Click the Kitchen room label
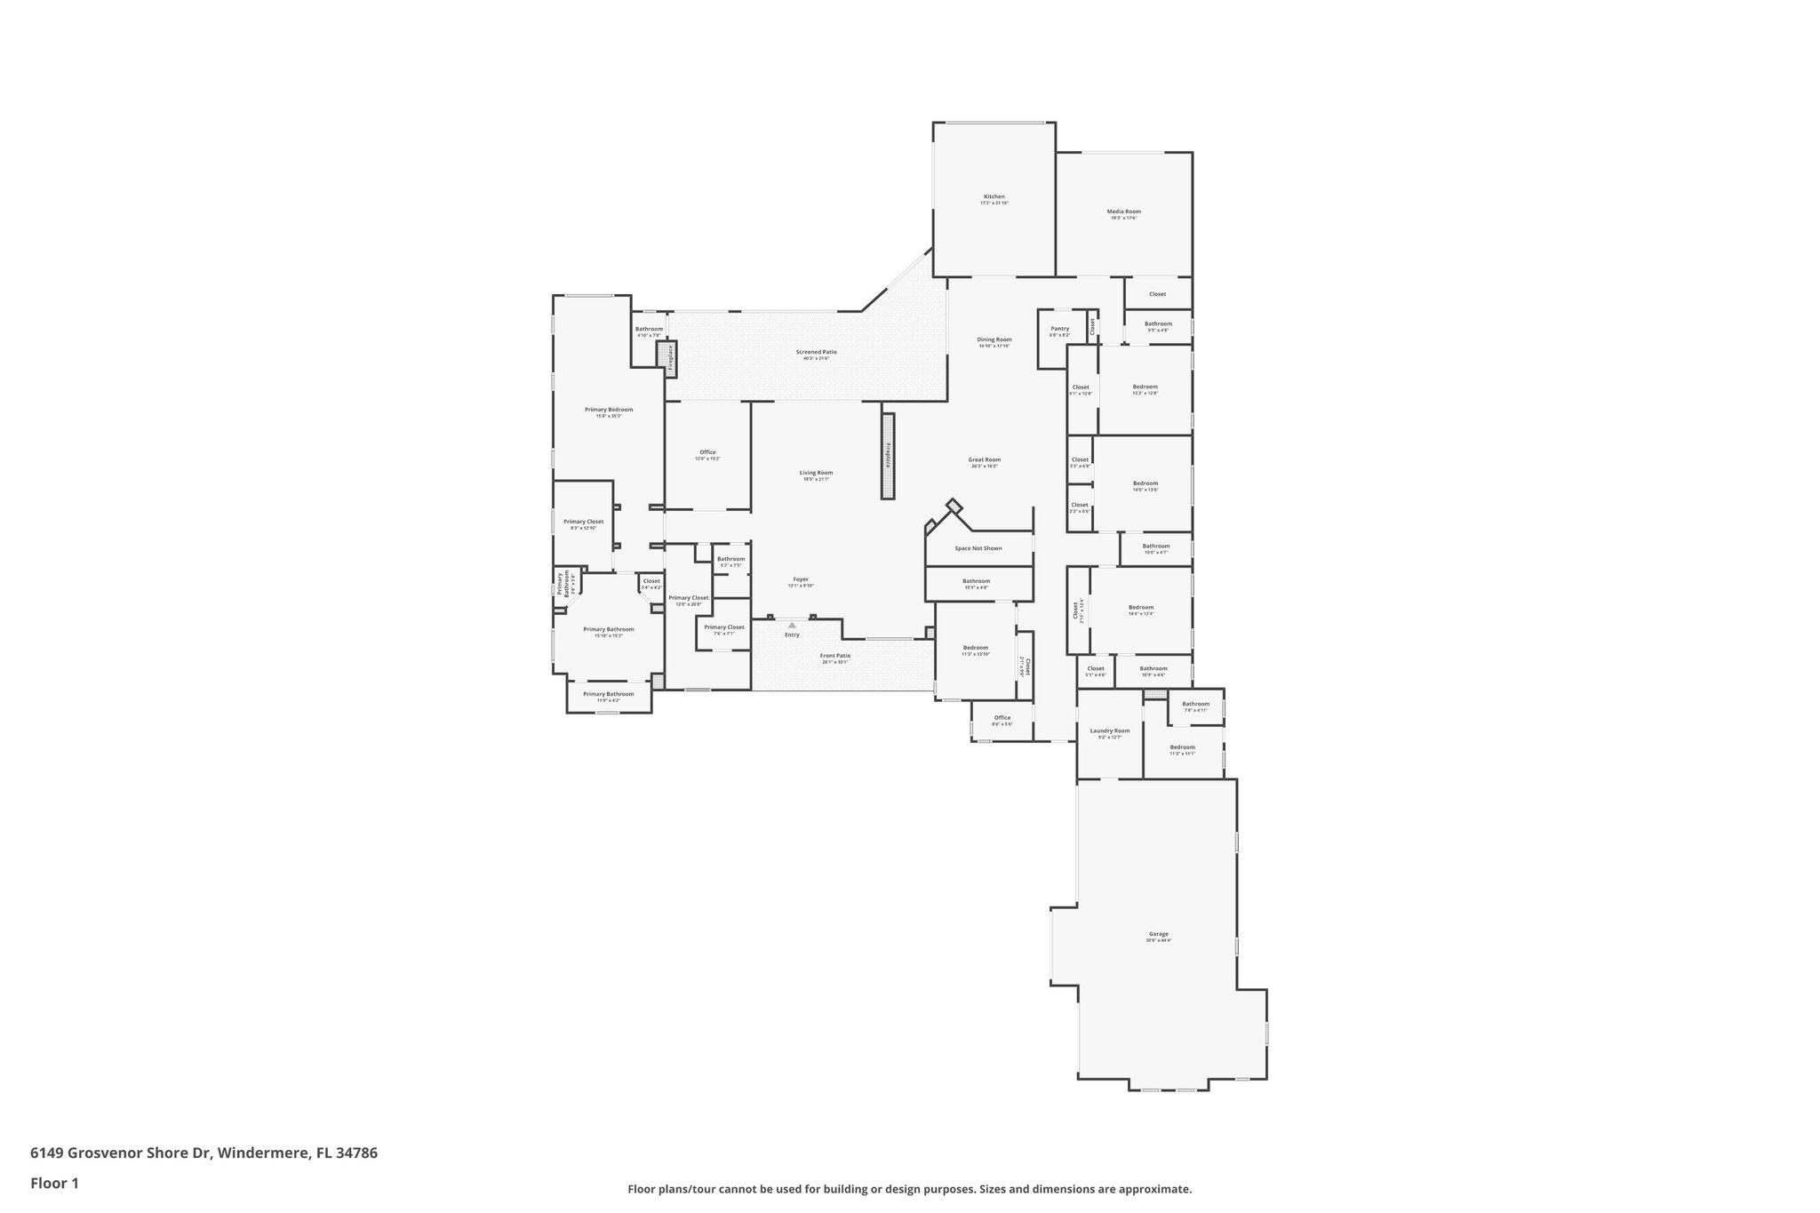(994, 197)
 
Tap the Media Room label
(1123, 212)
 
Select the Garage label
(1158, 934)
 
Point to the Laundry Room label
(1110, 731)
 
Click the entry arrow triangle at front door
(792, 626)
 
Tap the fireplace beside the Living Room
(887, 455)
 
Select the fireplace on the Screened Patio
(670, 357)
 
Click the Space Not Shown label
(978, 548)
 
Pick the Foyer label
(800, 579)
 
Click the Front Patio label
(834, 656)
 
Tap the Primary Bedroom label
(609, 410)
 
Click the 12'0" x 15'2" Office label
(707, 453)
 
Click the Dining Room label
(994, 339)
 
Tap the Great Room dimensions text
(984, 466)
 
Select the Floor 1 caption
(54, 1183)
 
